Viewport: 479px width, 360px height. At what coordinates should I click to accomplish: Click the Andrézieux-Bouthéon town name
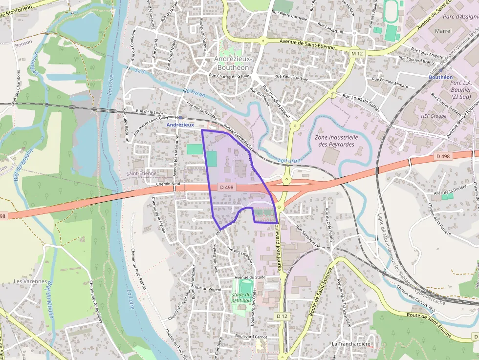(232, 63)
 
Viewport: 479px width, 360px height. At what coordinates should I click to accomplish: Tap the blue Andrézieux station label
(180, 125)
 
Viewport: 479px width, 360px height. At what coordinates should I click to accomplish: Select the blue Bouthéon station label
(440, 77)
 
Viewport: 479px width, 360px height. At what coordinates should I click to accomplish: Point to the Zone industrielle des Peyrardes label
(338, 141)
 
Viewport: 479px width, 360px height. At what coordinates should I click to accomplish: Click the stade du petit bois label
(242, 297)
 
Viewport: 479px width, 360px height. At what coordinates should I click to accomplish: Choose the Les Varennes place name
(30, 281)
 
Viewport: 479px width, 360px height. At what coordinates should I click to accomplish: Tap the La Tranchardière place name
(350, 344)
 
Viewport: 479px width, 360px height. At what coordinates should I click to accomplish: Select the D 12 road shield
(282, 316)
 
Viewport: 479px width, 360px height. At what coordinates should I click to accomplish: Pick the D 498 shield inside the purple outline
(226, 187)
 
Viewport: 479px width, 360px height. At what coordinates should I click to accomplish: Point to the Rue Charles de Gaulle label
(229, 76)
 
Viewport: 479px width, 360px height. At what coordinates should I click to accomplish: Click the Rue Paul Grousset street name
(291, 77)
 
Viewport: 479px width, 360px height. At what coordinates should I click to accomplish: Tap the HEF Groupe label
(434, 116)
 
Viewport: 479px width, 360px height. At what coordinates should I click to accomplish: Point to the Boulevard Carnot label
(251, 336)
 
